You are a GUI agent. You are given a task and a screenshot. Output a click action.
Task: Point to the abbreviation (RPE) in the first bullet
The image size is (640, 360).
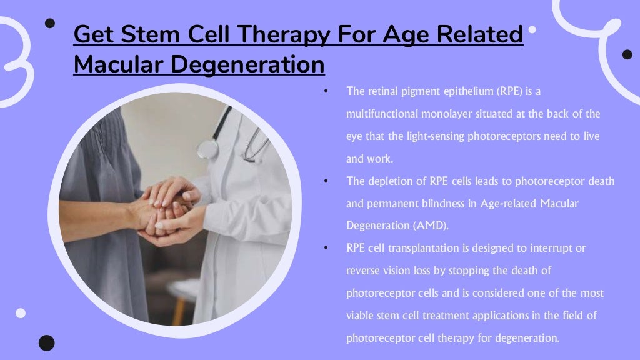click(512, 92)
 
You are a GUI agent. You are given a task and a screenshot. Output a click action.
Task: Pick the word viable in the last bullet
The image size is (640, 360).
click(359, 316)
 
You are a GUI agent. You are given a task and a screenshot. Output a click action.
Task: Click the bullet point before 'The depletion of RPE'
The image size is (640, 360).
click(326, 181)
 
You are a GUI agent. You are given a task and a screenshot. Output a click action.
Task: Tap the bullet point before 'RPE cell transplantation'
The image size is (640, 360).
click(326, 248)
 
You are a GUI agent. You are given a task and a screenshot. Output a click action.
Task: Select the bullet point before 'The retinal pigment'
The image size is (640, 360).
click(326, 92)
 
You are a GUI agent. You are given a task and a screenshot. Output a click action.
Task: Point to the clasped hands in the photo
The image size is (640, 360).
click(169, 209)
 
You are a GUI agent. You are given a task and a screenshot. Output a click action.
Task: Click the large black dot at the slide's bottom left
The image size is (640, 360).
click(46, 342)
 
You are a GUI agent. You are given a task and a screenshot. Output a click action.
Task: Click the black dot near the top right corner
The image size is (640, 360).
click(627, 54)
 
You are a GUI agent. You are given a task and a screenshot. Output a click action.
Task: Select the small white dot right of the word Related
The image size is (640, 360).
click(532, 29)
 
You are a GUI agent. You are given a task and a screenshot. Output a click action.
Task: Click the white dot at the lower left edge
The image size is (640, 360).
click(21, 312)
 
